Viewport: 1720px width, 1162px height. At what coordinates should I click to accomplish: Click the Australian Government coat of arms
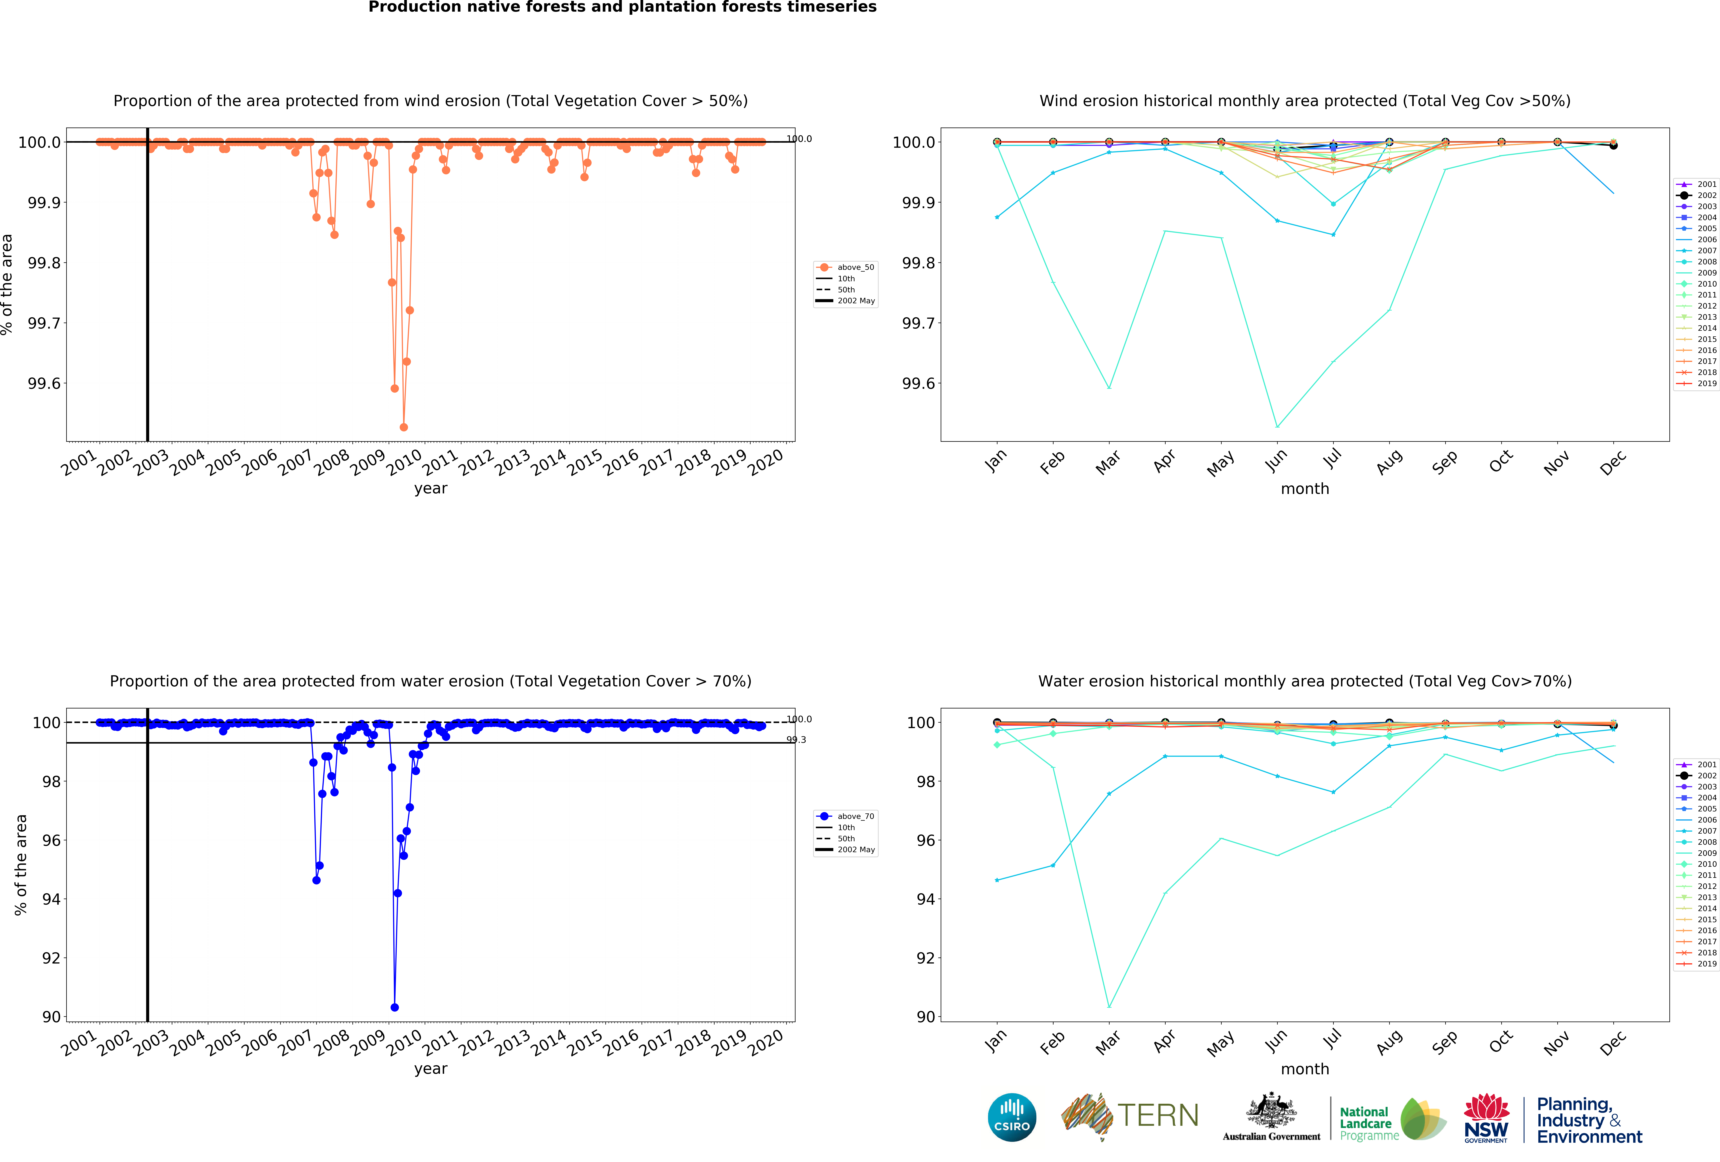pyautogui.click(x=1271, y=1110)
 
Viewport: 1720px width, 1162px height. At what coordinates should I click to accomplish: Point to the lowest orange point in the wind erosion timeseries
pyautogui.click(x=403, y=427)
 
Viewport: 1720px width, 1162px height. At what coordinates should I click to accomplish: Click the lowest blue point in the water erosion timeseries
pyautogui.click(x=394, y=1007)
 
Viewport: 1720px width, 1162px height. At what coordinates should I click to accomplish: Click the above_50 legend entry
pyautogui.click(x=855, y=267)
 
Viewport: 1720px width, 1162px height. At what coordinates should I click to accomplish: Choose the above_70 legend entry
pyautogui.click(x=855, y=816)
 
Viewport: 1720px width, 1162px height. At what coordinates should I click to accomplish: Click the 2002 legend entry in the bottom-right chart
pyautogui.click(x=1706, y=776)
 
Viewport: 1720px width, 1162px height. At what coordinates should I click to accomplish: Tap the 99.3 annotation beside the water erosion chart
pyautogui.click(x=796, y=739)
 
